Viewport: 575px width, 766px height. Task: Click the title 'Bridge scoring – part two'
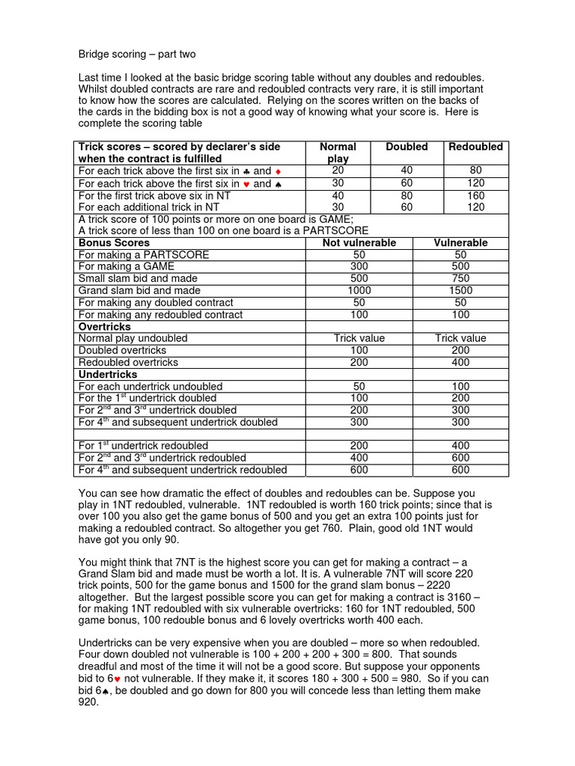point(137,55)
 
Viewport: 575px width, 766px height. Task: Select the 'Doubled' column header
point(407,147)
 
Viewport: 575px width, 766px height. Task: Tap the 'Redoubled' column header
point(475,147)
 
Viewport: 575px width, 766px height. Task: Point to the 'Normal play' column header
point(338,153)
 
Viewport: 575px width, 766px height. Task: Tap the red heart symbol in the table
point(246,183)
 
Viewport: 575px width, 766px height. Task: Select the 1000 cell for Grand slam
point(359,291)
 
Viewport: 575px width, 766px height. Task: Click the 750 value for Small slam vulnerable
point(461,279)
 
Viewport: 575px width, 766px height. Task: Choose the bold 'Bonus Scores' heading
point(114,243)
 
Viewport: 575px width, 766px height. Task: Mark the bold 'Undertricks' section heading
point(108,374)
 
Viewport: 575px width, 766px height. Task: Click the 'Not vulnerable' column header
point(359,243)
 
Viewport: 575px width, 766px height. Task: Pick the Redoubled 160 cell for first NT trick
point(475,195)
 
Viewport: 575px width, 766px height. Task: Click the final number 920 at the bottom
point(88,702)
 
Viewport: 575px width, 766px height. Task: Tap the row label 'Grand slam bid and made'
point(139,291)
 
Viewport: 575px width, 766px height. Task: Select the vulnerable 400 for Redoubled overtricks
point(461,363)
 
